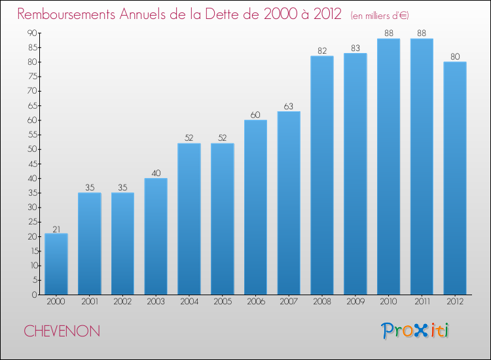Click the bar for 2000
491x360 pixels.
click(56, 264)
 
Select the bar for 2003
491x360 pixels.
click(156, 236)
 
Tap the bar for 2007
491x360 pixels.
click(289, 203)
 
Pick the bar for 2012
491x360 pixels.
click(455, 178)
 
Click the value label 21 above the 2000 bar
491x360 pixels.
click(56, 230)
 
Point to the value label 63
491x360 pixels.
click(289, 107)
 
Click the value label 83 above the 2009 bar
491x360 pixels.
click(355, 48)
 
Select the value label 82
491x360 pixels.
click(322, 51)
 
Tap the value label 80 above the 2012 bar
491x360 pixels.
click(455, 57)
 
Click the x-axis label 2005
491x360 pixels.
click(223, 302)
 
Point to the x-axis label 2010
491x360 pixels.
click(388, 302)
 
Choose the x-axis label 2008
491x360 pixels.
click(322, 302)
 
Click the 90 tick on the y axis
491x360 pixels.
click(32, 33)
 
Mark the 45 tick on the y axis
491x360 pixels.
click(32, 164)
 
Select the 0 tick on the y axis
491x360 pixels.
click(35, 295)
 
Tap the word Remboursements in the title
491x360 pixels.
click(66, 14)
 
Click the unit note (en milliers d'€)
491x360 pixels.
click(380, 16)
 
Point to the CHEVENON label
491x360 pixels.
click(62, 331)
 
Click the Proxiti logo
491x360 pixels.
click(415, 331)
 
